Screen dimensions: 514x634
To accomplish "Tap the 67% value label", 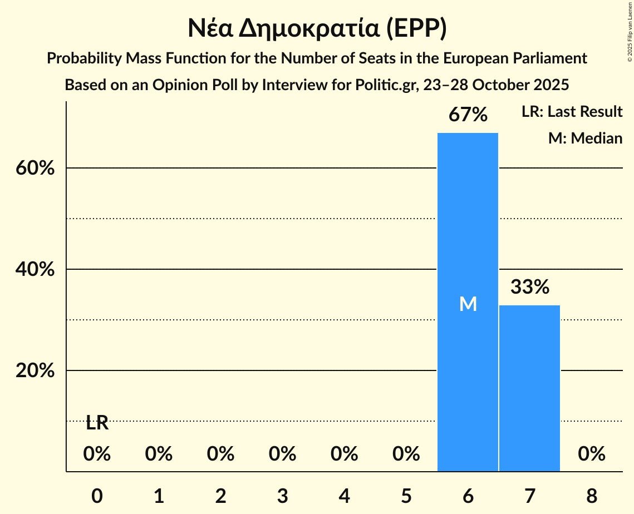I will pyautogui.click(x=469, y=115).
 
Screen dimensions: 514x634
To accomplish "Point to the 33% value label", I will pyautogui.click(x=530, y=287).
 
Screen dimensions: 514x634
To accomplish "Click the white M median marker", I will pyautogui.click(x=468, y=304).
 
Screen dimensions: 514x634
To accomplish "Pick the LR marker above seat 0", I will pyautogui.click(x=97, y=423).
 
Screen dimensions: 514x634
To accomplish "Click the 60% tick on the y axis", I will pyautogui.click(x=35, y=168).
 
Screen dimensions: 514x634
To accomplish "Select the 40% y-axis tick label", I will pyautogui.click(x=35, y=269).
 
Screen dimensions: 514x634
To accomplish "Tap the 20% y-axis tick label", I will pyautogui.click(x=35, y=370).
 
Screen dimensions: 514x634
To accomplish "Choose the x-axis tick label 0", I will pyautogui.click(x=97, y=495).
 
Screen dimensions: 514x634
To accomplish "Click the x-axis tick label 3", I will pyautogui.click(x=282, y=495).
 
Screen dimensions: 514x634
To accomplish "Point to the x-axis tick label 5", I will pyautogui.click(x=406, y=495).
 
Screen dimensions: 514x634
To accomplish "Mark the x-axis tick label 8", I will pyautogui.click(x=591, y=495).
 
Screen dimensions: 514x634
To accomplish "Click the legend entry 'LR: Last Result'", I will pyautogui.click(x=572, y=112).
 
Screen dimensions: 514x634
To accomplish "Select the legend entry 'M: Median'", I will pyautogui.click(x=585, y=138).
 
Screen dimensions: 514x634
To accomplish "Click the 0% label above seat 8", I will pyautogui.click(x=591, y=454).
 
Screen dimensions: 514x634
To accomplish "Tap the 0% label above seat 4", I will pyautogui.click(x=344, y=454).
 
